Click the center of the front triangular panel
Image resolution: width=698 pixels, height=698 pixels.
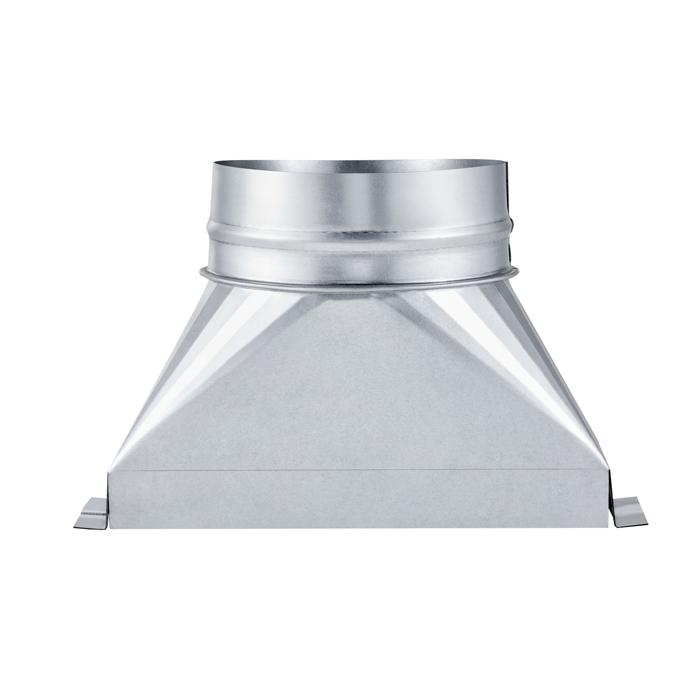(358, 393)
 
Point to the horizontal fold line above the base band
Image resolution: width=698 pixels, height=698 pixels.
(358, 470)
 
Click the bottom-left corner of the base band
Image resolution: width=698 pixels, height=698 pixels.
(110, 528)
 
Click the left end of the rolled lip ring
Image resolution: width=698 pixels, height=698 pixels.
(201, 273)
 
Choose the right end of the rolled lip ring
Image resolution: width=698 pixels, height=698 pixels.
(518, 272)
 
